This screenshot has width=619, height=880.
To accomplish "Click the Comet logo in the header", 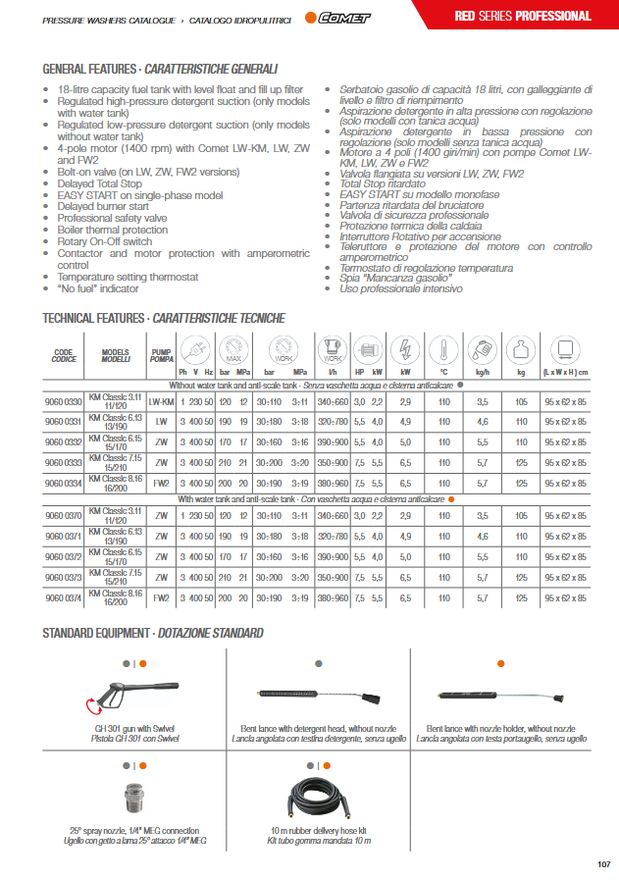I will [335, 17].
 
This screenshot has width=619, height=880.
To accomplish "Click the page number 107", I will [602, 864].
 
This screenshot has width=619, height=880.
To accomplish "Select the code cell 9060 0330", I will [64, 403].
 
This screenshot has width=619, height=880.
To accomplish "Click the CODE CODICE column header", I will [64, 355].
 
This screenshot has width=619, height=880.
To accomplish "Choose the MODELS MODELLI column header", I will [115, 355].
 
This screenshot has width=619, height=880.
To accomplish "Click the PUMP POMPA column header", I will [161, 355].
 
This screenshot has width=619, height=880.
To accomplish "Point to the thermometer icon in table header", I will [443, 350].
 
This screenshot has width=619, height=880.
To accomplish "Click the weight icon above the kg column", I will [522, 350].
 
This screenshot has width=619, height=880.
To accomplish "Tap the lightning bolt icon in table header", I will [404, 350].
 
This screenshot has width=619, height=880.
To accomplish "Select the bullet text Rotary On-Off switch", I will [104, 241].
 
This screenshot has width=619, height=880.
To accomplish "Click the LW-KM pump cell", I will [161, 403].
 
